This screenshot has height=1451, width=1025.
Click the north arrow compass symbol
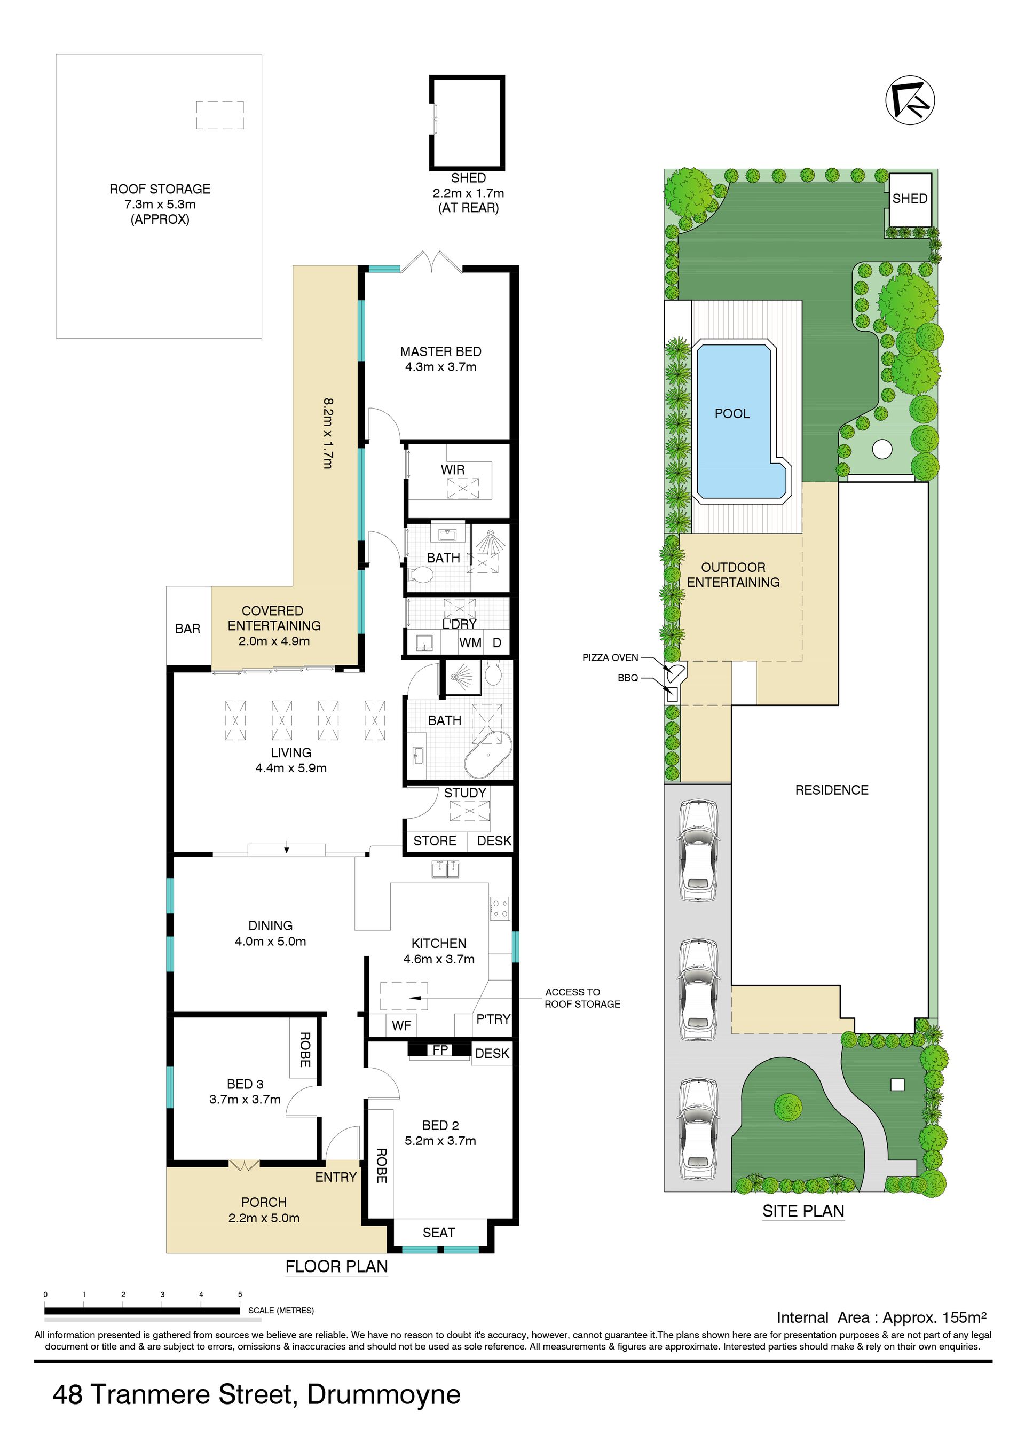910,100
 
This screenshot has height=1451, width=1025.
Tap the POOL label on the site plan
732,413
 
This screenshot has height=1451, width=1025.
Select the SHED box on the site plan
910,200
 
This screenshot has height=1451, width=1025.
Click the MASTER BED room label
440,351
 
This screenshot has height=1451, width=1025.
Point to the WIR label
453,469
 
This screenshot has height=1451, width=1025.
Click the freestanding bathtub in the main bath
487,754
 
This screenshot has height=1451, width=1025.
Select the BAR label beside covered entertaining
188,629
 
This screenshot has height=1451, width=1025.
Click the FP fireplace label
440,1050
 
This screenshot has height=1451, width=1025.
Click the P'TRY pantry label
493,1019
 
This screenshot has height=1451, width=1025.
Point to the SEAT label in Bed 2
439,1233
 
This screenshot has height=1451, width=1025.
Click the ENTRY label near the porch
336,1177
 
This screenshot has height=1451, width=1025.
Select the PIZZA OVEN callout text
610,658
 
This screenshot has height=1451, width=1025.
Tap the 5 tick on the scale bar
240,1295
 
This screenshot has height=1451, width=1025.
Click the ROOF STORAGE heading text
160,189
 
